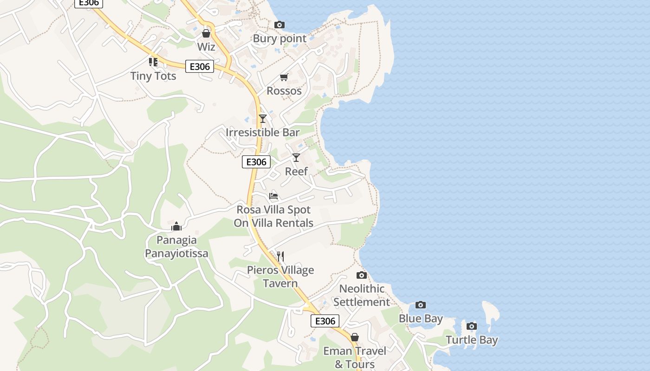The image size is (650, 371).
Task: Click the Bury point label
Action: [x=279, y=38]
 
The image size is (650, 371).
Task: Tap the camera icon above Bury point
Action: [x=279, y=25]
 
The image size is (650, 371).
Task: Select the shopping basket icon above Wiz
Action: [x=206, y=33]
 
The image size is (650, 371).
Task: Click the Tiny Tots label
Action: [x=153, y=76]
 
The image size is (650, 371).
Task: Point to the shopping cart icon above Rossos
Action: [x=284, y=77]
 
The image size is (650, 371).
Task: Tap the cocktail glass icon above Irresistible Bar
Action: [x=263, y=119]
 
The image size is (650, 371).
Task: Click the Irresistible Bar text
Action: [x=263, y=133]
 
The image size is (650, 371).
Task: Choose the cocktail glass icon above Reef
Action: [x=296, y=158]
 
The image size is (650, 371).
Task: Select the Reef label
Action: [x=296, y=172]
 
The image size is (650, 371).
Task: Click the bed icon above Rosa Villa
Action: [x=273, y=196]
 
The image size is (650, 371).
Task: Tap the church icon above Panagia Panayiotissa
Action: [x=176, y=226]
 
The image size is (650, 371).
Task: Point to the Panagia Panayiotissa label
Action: [x=176, y=247]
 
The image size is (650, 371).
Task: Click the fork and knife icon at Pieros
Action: [x=280, y=256]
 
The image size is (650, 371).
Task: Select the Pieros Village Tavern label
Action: [x=280, y=277]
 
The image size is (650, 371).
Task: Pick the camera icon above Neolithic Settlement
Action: [x=362, y=275]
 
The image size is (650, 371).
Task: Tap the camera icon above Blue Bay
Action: [x=421, y=305]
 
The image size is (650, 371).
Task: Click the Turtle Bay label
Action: [x=472, y=340]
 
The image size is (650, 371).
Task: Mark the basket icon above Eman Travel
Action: [x=355, y=337]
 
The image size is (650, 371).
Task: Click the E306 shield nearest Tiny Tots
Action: [x=200, y=67]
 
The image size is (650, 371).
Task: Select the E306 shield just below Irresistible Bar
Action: [x=256, y=162]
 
